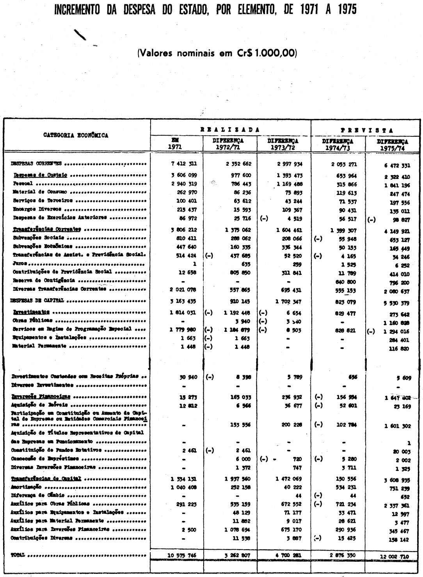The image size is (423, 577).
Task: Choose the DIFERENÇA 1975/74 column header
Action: [x=393, y=145]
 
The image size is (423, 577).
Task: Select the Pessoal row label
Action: [x=23, y=183]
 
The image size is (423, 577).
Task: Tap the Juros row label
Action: [x=18, y=264]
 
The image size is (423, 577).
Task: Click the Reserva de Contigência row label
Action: [x=43, y=280]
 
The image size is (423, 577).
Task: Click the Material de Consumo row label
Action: [x=39, y=192]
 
